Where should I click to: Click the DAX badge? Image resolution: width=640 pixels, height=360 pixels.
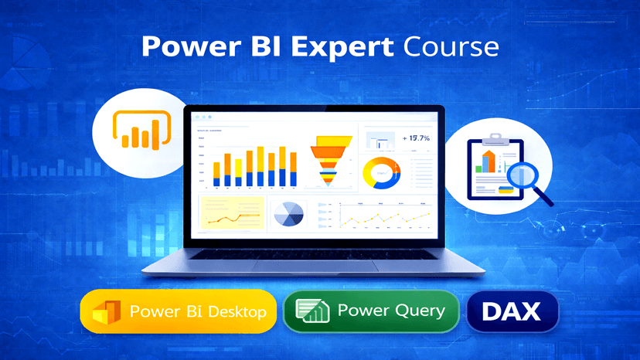pos(512,311)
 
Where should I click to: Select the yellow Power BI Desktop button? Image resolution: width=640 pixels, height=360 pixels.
pos(179,312)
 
